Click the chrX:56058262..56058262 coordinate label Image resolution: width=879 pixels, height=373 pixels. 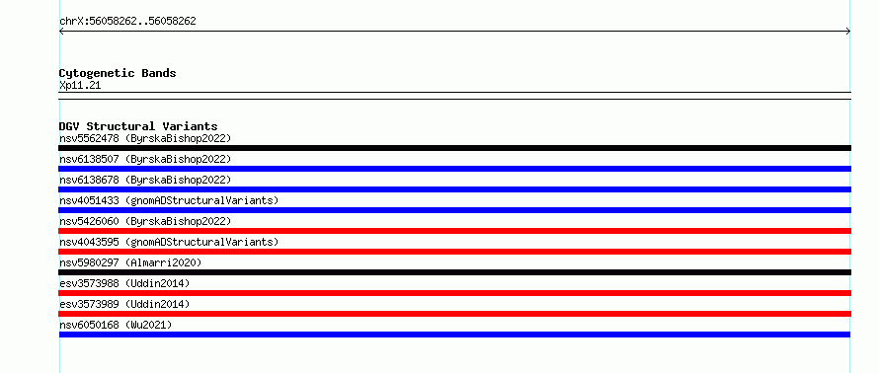[x=127, y=22]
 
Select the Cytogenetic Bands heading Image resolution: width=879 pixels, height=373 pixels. [x=118, y=73]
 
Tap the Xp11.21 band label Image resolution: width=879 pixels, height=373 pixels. [x=80, y=86]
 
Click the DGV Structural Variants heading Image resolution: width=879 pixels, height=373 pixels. [x=138, y=126]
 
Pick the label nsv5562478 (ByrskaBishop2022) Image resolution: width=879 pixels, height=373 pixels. [x=145, y=139]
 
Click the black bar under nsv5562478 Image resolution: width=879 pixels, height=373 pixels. [x=454, y=148]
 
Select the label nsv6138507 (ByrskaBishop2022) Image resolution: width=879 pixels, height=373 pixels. [x=145, y=160]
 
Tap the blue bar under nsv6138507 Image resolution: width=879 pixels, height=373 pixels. [x=454, y=169]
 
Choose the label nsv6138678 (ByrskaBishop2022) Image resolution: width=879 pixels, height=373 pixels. [x=145, y=181]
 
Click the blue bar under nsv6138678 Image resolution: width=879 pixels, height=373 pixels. [x=454, y=189]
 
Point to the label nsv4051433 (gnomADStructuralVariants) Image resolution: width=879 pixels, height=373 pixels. [x=169, y=201]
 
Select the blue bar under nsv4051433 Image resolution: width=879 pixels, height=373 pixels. [x=454, y=210]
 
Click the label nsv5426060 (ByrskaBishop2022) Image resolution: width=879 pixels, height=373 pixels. [x=145, y=222]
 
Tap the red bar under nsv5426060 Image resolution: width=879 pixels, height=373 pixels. [x=454, y=231]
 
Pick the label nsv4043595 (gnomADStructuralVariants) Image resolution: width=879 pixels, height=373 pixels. [x=169, y=243]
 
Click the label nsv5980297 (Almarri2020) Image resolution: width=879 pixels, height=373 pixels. [x=130, y=263]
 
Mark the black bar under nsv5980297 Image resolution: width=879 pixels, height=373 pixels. [x=454, y=272]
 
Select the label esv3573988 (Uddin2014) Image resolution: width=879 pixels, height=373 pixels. [x=124, y=284]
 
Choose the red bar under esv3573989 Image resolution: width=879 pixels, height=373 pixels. [x=454, y=314]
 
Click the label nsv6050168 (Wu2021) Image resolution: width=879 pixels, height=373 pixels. [x=116, y=326]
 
